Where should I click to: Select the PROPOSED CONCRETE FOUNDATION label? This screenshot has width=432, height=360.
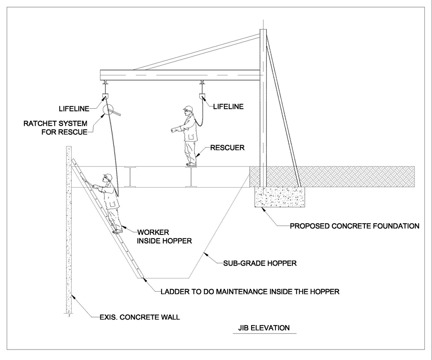point(354,226)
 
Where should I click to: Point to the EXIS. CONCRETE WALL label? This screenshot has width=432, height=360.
point(140,318)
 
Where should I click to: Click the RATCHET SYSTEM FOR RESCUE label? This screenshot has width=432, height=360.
point(55,128)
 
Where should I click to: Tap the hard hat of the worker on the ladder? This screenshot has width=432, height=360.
point(107,176)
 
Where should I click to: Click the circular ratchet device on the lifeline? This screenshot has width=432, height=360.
point(108,110)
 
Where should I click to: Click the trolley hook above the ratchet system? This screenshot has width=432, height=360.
point(105,96)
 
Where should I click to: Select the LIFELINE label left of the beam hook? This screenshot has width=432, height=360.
point(74,108)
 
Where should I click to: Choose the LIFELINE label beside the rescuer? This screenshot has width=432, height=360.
point(228,107)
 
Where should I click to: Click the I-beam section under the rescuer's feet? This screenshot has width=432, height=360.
point(191,177)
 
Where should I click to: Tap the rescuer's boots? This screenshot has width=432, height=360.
point(191,164)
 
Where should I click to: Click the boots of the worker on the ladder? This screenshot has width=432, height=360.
point(118,231)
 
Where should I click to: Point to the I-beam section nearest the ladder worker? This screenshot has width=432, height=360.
point(130,177)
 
